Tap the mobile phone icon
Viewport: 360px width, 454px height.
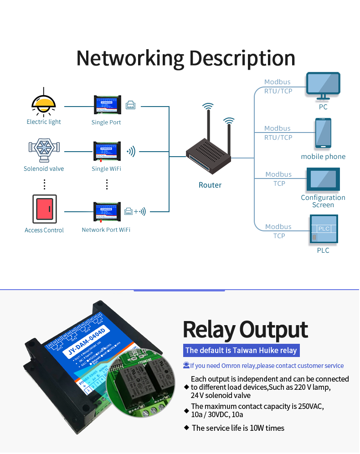click(323, 133)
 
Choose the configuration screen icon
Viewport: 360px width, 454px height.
click(323, 179)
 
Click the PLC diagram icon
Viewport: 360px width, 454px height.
click(324, 230)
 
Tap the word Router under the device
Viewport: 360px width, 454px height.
click(210, 185)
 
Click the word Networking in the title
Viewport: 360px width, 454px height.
click(130, 59)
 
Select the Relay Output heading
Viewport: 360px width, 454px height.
click(245, 330)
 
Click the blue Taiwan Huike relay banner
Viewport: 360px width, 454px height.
click(241, 350)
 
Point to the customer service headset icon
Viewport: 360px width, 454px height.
click(186, 365)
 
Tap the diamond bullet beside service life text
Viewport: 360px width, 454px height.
click(186, 428)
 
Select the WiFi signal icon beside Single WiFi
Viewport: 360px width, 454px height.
click(131, 152)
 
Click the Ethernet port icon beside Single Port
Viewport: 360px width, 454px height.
click(130, 105)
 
